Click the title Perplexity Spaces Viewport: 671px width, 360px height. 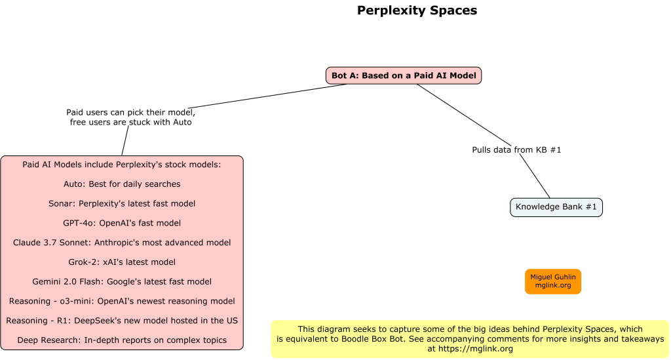[417, 10]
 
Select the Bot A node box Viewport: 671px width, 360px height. [404, 75]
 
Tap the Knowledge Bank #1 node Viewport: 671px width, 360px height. [556, 207]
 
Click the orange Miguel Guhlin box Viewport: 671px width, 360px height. [552, 281]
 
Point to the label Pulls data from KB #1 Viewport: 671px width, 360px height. [516, 150]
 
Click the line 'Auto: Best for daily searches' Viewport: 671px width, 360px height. [122, 184]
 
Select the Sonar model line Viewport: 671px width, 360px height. [122, 204]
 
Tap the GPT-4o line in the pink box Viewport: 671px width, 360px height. [122, 223]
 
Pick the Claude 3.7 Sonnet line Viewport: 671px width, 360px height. [122, 243]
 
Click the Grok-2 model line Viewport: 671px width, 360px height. [122, 262]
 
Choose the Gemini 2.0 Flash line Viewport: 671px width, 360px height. [122, 282]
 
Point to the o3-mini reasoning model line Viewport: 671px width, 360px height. [122, 301]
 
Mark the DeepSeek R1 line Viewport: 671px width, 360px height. [122, 321]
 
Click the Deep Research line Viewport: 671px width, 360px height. [122, 340]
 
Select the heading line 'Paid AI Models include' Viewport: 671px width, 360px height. [122, 165]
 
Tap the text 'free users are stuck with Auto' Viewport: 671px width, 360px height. [131, 123]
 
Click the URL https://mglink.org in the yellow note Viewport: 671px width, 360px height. [474, 349]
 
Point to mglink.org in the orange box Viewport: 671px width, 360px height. [552, 286]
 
